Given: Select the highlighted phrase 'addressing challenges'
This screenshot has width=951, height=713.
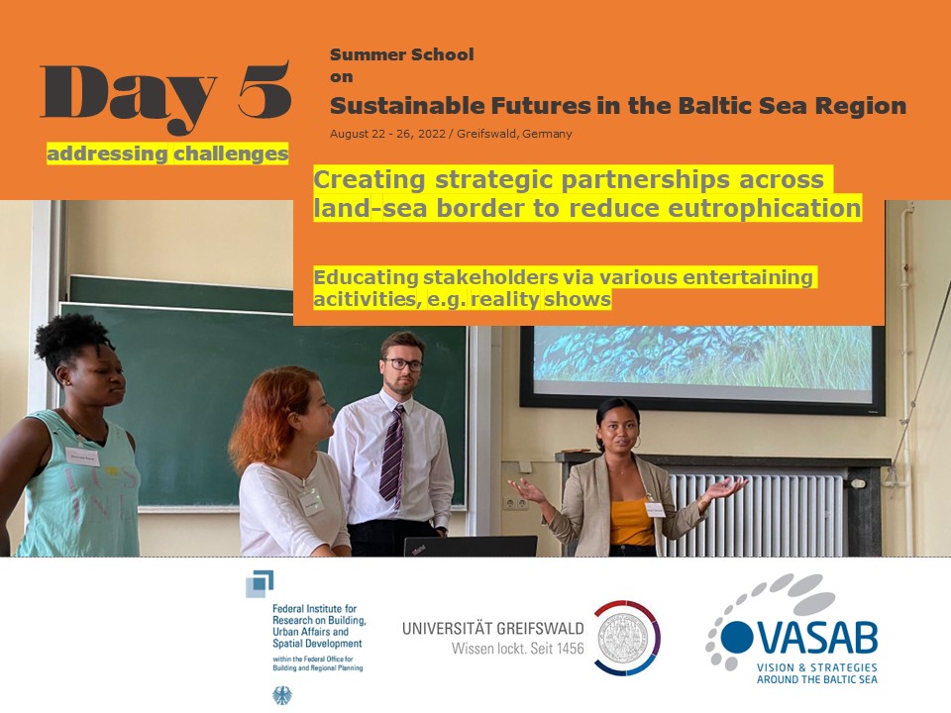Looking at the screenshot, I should pos(167,153).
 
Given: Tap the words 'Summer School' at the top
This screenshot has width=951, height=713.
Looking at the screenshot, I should pos(401,54).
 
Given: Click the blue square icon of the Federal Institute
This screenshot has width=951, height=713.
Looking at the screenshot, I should pos(259,584).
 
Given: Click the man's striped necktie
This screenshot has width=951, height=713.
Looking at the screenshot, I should pos(392,457).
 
